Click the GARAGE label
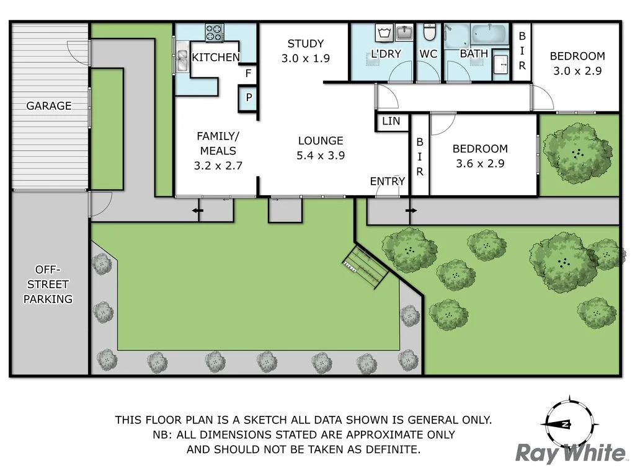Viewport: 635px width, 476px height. pos(48,106)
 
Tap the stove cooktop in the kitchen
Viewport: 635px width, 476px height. pos(215,33)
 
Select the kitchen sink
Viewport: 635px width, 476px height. pos(182,60)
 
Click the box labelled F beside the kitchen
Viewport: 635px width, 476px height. pos(248,74)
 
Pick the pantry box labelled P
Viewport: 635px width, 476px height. pos(248,97)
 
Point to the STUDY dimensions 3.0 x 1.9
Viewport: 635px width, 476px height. pos(305,58)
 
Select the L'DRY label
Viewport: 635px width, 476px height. pos(385,54)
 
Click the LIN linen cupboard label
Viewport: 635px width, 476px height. pos(391,121)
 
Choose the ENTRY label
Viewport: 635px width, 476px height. pos(388,181)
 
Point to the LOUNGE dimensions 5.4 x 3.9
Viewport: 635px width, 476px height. pos(320,156)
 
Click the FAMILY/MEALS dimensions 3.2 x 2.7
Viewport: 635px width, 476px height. pos(217,165)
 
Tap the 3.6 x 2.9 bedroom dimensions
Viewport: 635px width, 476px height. pos(480,164)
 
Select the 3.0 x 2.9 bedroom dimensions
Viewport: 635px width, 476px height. pos(577,71)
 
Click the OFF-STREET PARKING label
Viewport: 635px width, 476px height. pos(48,284)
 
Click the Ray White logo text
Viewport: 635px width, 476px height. pos(571,454)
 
